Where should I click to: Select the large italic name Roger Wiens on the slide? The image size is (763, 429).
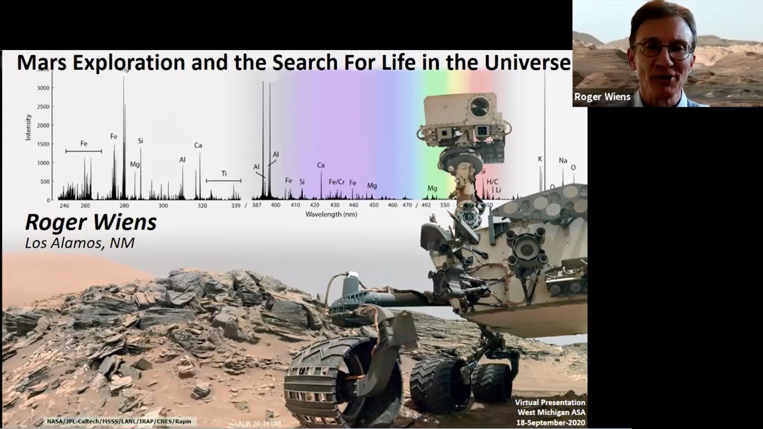click(91, 222)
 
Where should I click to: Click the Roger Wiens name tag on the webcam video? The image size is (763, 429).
click(602, 97)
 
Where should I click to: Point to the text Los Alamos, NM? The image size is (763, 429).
click(79, 243)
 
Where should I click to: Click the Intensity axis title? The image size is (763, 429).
click(28, 128)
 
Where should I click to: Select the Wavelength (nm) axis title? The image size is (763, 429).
click(331, 213)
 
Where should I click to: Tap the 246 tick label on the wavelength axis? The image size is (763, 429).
click(64, 206)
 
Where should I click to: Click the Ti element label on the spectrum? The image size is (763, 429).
click(224, 173)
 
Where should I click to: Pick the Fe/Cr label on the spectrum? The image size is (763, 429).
click(337, 182)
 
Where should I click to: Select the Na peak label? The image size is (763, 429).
click(563, 160)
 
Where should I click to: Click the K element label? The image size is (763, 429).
click(540, 159)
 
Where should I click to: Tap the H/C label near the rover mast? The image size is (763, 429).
click(492, 182)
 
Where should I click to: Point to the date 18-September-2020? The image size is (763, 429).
click(550, 421)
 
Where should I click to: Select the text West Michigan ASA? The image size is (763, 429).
click(550, 412)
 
